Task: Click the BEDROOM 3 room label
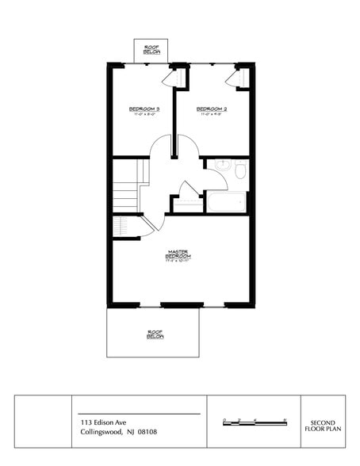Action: [145, 109]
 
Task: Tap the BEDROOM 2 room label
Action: [212, 109]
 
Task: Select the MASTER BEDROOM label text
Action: [176, 254]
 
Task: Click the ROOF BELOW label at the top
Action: [152, 50]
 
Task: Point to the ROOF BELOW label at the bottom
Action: [155, 334]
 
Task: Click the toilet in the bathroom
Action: [239, 170]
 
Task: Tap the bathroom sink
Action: [221, 168]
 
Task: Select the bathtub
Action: [228, 201]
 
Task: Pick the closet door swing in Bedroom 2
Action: [233, 79]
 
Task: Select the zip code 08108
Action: [147, 433]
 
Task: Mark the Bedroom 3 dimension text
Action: [145, 116]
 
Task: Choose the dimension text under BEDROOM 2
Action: [212, 116]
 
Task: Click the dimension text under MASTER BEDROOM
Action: [176, 262]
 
